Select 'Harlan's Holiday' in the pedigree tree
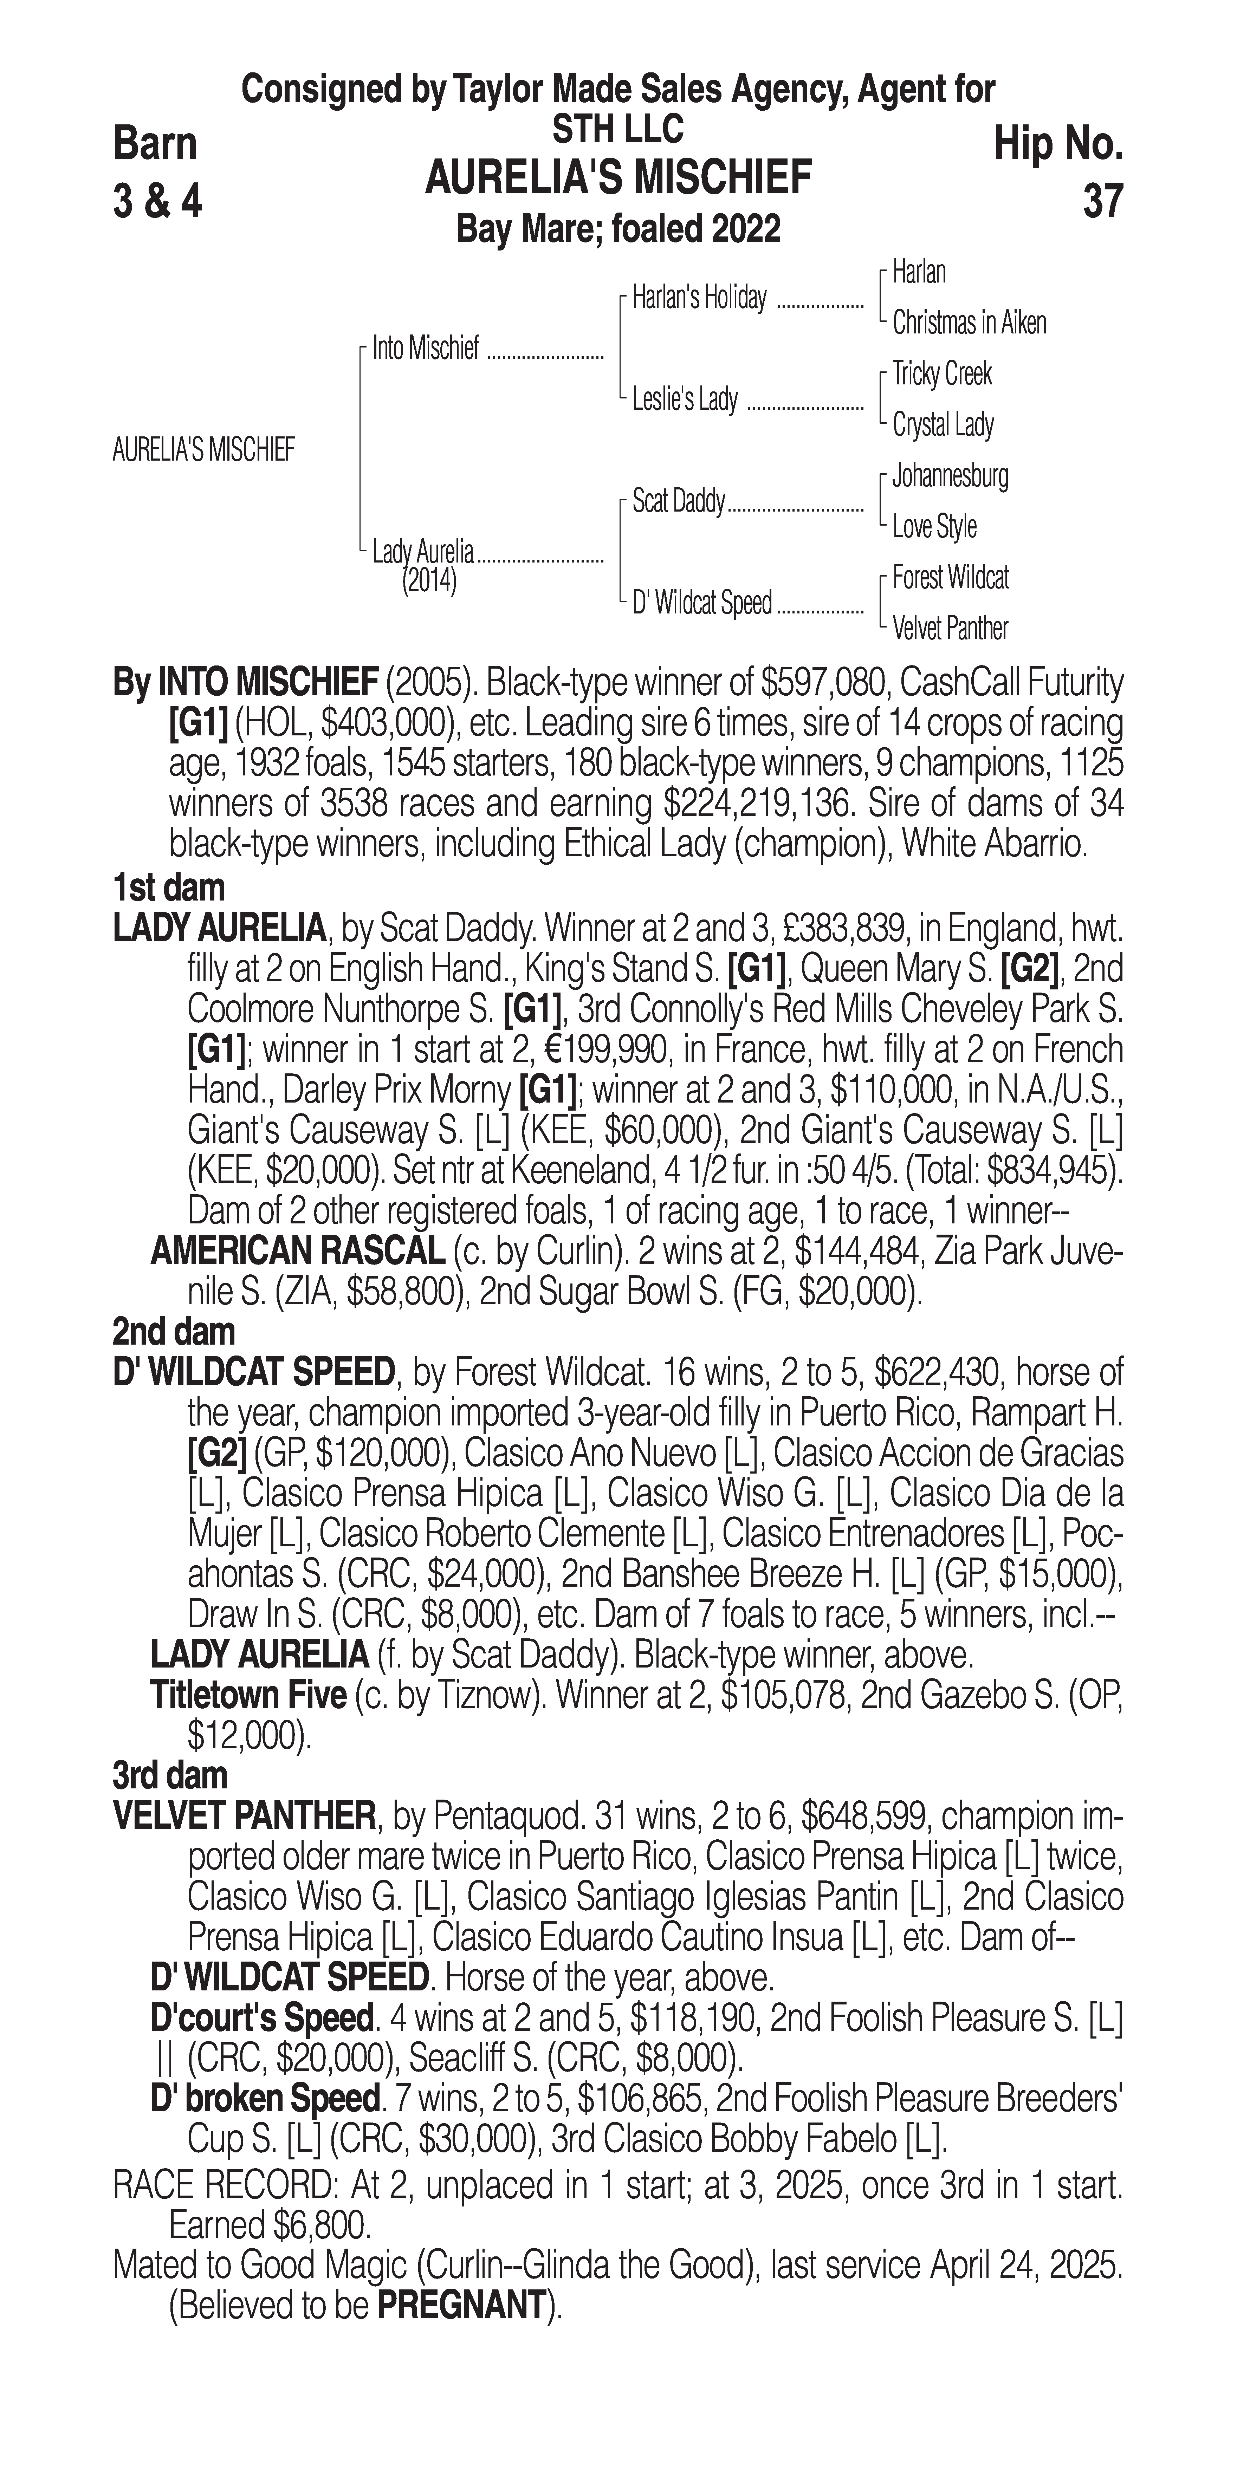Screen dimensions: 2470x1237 [x=699, y=298]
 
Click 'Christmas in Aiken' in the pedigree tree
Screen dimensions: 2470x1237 [x=969, y=323]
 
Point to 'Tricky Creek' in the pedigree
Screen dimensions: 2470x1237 [x=942, y=374]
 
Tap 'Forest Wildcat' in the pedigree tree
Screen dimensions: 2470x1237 [x=950, y=577]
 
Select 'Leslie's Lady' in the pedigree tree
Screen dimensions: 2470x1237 [x=685, y=399]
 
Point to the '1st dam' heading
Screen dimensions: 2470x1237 [x=169, y=888]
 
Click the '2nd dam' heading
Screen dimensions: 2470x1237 [x=174, y=1332]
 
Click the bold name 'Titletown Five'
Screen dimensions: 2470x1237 [x=248, y=1695]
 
